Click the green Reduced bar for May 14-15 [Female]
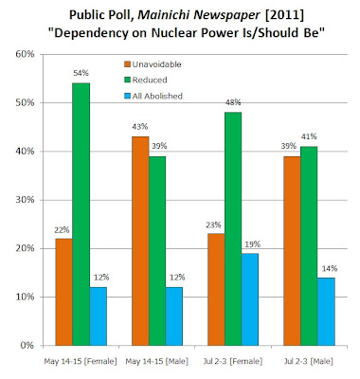click(x=81, y=214)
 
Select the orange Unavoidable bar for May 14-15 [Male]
click(x=140, y=241)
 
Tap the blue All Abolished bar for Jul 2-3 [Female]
click(x=250, y=299)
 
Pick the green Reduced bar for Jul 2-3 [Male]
click(x=309, y=246)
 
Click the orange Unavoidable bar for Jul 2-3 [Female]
click(x=216, y=290)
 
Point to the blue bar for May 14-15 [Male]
click(x=174, y=316)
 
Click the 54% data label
click(x=81, y=73)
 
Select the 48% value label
click(x=233, y=102)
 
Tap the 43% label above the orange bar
click(x=140, y=127)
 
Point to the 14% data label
click(x=330, y=269)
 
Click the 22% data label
click(x=62, y=230)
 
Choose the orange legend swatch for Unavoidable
click(x=127, y=64)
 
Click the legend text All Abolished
click(x=157, y=96)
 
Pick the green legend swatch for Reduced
click(x=127, y=81)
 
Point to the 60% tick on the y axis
click(x=25, y=54)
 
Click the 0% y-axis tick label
click(x=27, y=346)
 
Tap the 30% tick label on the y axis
click(x=25, y=200)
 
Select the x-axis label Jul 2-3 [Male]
click(x=309, y=361)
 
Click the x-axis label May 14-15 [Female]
click(x=81, y=361)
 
